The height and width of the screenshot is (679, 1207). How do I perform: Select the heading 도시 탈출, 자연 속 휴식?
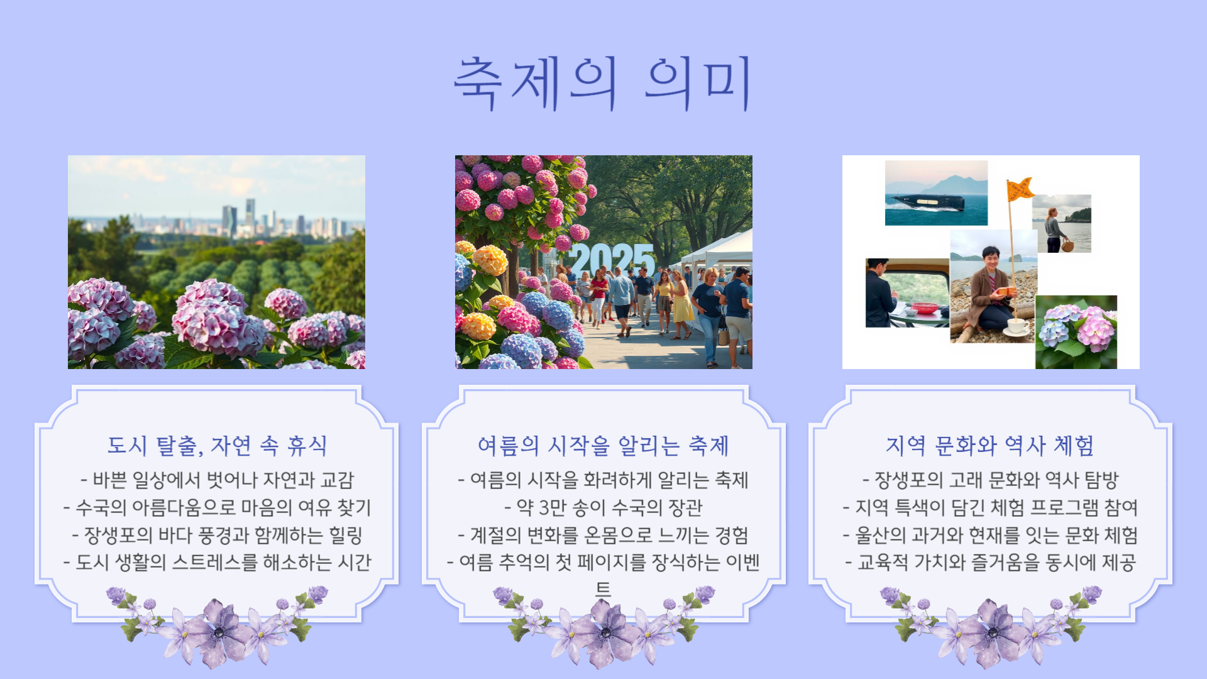[217, 445]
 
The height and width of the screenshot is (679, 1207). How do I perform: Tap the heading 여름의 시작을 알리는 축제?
[603, 445]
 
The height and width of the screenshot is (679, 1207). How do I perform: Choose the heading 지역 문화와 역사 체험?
[990, 445]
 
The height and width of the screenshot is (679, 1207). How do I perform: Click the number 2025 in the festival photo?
[612, 258]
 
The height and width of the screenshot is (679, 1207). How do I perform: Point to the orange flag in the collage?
[1020, 189]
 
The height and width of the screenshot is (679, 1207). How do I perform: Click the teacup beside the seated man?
[1017, 326]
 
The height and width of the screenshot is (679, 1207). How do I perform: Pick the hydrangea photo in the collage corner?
[1076, 331]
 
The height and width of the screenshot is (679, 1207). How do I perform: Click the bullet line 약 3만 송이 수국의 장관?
[603, 507]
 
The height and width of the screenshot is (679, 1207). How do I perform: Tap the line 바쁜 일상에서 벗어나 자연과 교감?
[217, 480]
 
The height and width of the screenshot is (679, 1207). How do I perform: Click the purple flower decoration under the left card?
[217, 626]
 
